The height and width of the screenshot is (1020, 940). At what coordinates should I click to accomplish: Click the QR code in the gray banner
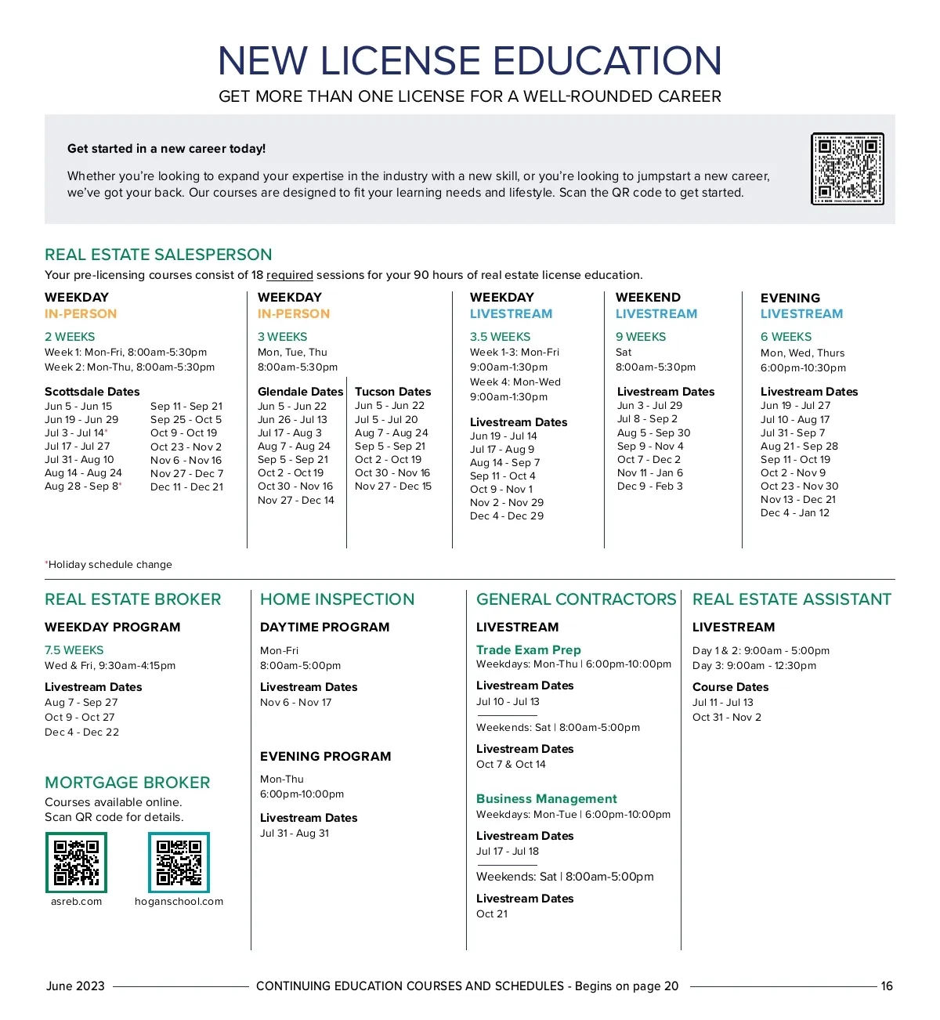848,168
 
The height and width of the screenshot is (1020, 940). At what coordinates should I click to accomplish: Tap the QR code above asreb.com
76,862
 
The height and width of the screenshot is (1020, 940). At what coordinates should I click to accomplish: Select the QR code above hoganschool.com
179,862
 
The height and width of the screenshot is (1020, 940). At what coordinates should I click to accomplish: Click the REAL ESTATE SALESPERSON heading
158,255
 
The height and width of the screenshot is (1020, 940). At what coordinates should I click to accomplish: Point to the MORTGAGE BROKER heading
128,783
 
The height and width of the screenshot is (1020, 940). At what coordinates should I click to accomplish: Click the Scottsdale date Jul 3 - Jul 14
74,433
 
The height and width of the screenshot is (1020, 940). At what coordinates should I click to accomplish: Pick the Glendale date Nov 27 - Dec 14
296,501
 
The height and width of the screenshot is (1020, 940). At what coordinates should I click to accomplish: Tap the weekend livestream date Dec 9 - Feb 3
649,486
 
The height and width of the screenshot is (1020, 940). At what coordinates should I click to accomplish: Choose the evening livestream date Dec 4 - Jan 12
794,513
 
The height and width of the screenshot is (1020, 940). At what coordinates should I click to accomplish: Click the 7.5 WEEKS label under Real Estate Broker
74,650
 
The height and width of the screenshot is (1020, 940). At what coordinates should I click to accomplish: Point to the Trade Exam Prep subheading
529,650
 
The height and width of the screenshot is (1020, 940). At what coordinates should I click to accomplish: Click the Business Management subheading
547,799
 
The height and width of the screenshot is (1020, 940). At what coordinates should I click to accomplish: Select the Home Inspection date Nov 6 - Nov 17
296,703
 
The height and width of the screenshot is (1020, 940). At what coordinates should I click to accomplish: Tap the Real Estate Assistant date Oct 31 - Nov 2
727,718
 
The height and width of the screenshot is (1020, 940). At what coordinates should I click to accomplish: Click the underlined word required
290,275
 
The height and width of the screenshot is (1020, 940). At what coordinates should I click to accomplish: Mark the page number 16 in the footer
887,986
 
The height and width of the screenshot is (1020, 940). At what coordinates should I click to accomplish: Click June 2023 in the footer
75,986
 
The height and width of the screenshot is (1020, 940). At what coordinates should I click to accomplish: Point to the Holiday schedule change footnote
110,565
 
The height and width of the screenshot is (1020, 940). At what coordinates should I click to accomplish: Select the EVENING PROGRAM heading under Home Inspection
325,757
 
